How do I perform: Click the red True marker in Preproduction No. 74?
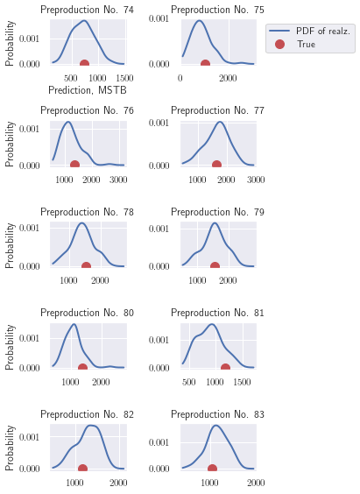pyautogui.click(x=84, y=63)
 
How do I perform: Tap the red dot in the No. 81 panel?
pyautogui.click(x=225, y=367)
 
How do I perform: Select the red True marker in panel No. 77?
pyautogui.click(x=216, y=164)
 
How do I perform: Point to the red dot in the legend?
pyautogui.click(x=279, y=44)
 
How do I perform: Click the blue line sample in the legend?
pyautogui.click(x=279, y=31)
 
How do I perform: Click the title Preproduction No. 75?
pyautogui.click(x=217, y=10)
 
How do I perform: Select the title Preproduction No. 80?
pyautogui.click(x=88, y=313)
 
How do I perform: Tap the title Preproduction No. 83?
pyautogui.click(x=217, y=414)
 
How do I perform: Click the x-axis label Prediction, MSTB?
pyautogui.click(x=88, y=90)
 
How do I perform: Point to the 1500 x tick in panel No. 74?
pyautogui.click(x=124, y=78)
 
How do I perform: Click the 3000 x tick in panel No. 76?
pyautogui.click(x=118, y=180)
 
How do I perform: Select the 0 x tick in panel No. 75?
pyautogui.click(x=180, y=78)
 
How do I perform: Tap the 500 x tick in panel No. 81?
pyautogui.click(x=189, y=382)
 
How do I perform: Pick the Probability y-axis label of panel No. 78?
pyautogui.click(x=10, y=246)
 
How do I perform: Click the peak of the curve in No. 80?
pyautogui.click(x=74, y=324)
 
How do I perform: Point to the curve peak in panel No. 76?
pyautogui.click(x=68, y=122)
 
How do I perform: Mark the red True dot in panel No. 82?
pyautogui.click(x=82, y=468)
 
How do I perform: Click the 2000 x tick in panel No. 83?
pyautogui.click(x=256, y=483)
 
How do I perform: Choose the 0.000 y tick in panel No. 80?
pyautogui.click(x=29, y=368)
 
